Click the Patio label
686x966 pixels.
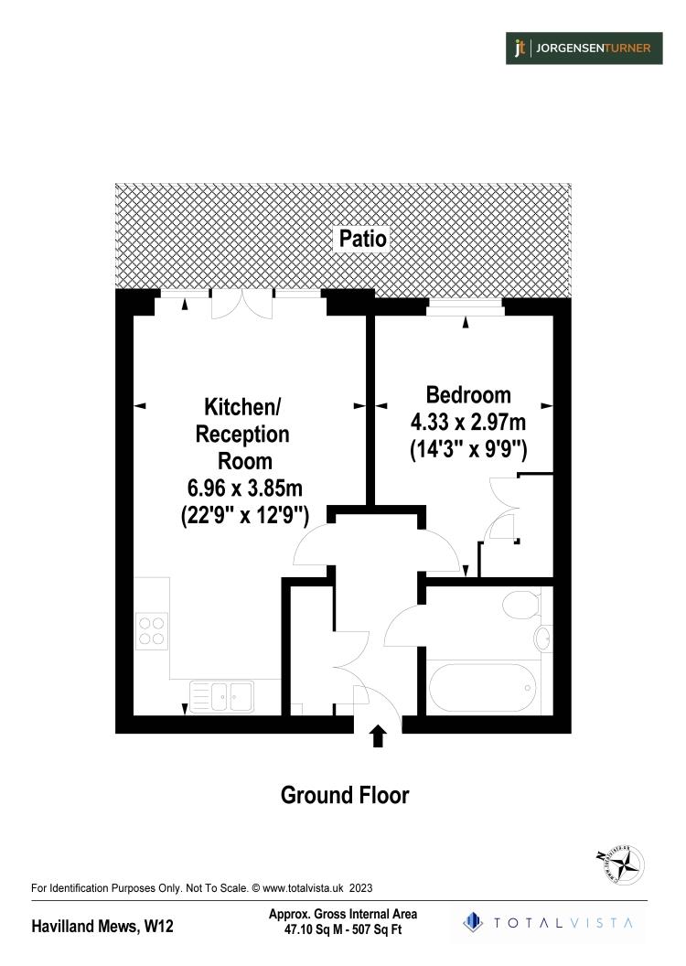(363, 240)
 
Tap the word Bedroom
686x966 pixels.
(468, 395)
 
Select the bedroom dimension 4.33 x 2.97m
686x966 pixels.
(467, 424)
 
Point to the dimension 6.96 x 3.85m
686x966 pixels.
(245, 489)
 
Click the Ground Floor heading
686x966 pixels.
(344, 795)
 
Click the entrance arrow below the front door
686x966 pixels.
(378, 736)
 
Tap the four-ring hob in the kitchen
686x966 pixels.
(152, 629)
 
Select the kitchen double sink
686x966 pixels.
(221, 696)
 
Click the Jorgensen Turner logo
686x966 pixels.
(584, 48)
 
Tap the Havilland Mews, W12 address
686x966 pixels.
(102, 927)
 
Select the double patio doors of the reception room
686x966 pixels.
(241, 304)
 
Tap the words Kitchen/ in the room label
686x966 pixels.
(243, 406)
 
